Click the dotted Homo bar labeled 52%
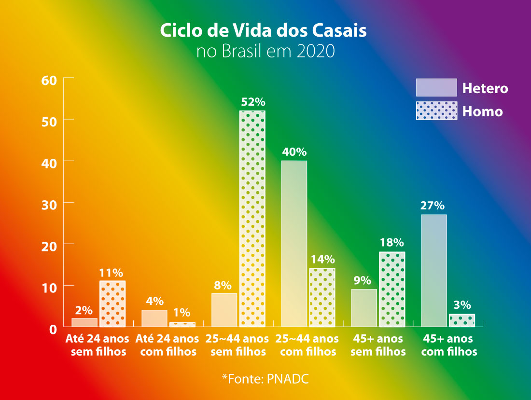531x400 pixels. point(252,219)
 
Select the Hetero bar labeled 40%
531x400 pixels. point(294,244)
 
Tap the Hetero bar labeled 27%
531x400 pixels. point(434,271)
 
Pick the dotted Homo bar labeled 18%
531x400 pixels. point(392,289)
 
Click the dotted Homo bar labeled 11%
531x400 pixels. point(112,303)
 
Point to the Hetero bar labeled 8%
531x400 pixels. point(224,310)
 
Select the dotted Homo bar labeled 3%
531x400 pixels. point(462,320)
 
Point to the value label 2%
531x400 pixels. point(84,310)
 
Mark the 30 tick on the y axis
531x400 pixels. point(50,204)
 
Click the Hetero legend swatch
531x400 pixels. point(436,87)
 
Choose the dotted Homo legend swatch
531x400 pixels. point(436,110)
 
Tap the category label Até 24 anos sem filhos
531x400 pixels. point(98,345)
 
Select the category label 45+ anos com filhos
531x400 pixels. point(448,345)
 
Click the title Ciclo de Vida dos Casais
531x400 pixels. point(263,30)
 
